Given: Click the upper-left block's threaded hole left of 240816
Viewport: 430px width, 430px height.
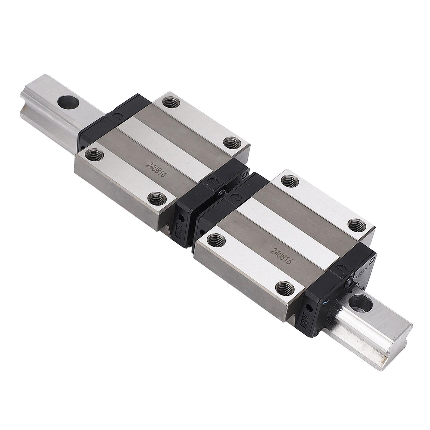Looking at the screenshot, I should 94,154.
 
